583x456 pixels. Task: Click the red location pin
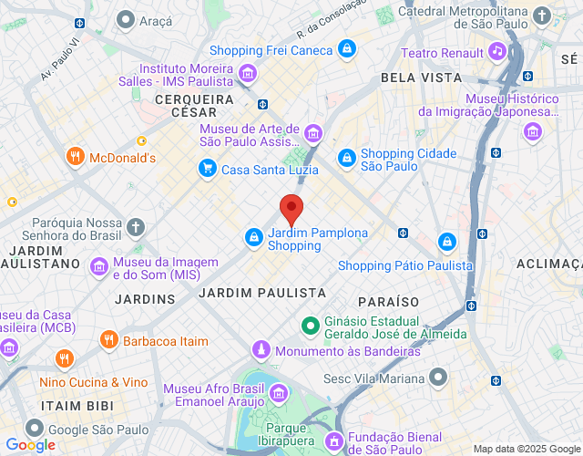(x=291, y=209)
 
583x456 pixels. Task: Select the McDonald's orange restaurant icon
(x=76, y=157)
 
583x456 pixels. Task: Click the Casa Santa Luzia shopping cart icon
(x=208, y=168)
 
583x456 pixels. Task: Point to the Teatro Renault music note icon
(x=496, y=51)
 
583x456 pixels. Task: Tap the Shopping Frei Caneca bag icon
(x=346, y=48)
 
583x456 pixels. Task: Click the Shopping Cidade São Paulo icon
(x=346, y=159)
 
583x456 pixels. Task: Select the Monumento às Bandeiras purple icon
(x=261, y=350)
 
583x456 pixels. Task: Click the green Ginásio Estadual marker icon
(x=310, y=325)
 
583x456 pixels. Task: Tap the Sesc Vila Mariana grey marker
(x=439, y=377)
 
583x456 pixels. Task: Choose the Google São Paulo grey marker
(x=34, y=428)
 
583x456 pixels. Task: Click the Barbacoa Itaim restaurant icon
(x=107, y=340)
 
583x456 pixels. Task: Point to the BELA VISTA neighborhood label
(x=422, y=78)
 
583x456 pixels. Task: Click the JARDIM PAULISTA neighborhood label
(x=261, y=293)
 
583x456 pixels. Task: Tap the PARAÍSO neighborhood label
(x=388, y=301)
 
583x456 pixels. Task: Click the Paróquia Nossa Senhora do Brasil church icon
(x=135, y=226)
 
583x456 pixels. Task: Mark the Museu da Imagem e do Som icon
(x=98, y=266)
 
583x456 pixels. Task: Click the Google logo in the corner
(x=29, y=445)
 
